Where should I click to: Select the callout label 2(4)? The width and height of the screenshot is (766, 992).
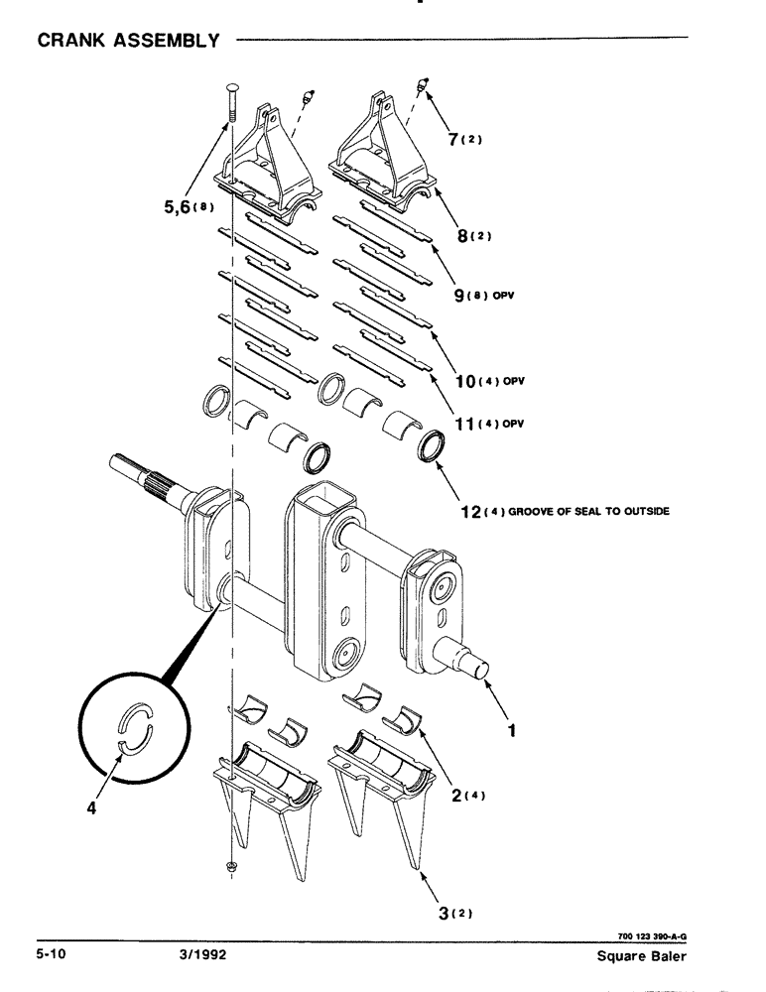point(459,793)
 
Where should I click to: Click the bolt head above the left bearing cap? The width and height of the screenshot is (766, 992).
point(231,89)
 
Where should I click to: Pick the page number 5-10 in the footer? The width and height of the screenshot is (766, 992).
point(52,954)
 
